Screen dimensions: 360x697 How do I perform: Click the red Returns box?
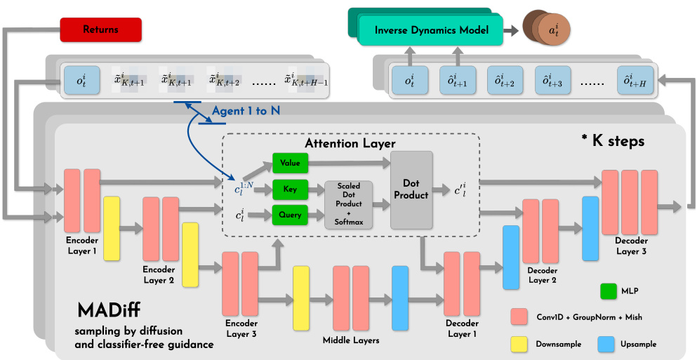pos(101,29)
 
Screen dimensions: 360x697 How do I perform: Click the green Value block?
pos(289,164)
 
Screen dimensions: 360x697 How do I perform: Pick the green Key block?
pos(289,189)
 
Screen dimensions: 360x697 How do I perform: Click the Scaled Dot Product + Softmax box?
pos(348,204)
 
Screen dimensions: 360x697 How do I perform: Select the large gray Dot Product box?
pos(411,189)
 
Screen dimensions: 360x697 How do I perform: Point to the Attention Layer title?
pos(350,144)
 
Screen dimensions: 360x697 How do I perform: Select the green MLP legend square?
pos(609,291)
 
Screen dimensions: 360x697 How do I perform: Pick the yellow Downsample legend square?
pos(519,344)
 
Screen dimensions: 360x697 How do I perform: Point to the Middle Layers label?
pos(350,340)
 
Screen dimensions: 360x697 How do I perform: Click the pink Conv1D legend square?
pos(519,316)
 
